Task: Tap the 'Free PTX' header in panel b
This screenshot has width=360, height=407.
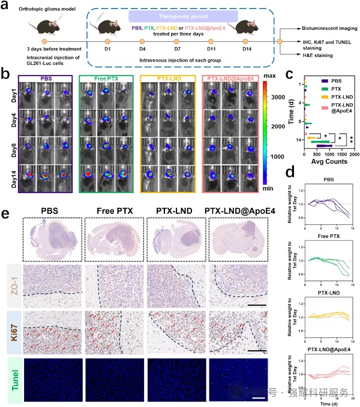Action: pyautogui.click(x=105, y=78)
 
